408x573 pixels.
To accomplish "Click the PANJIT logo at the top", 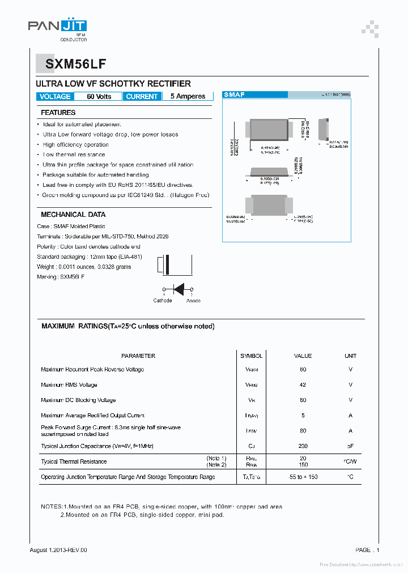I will pos(57,27).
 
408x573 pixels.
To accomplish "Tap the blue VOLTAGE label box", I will pos(55,97).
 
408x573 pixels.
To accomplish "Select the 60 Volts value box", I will pos(99,97).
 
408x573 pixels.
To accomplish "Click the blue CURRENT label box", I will pos(142,97).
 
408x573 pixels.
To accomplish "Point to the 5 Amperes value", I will pos(188,97).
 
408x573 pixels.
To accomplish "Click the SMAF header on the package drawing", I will pos(234,95).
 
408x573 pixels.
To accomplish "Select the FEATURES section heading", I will pos(58,113).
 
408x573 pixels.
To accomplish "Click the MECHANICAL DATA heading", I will pos(73,215).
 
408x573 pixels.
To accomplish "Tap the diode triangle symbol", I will pos(178,289).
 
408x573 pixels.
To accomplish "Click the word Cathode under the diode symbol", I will pos(163,301).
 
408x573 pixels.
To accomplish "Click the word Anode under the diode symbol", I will pos(193,301).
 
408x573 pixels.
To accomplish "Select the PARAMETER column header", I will pos(138,356).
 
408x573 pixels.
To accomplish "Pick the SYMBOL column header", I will pos(251,356).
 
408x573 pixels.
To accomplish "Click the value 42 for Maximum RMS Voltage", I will pos(303,385).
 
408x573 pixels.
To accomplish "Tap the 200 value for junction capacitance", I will pos(303,446).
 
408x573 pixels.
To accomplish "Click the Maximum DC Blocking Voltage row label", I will pos(78,400).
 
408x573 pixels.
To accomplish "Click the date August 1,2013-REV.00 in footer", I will pos(58,550).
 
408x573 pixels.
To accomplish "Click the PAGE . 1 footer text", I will pos(367,550).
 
